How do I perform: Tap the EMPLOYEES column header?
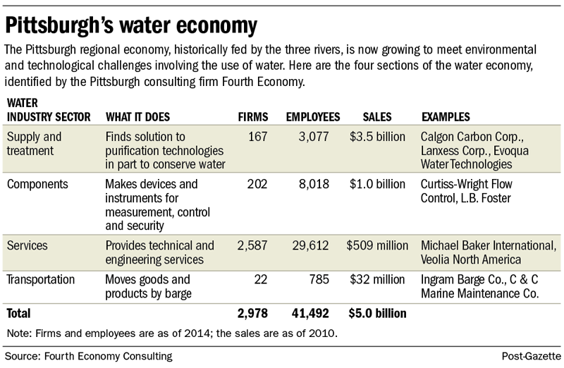(x=312, y=116)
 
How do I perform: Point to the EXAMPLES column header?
(x=446, y=116)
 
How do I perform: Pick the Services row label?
(x=27, y=245)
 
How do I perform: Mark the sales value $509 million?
(x=377, y=245)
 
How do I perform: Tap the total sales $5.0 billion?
(x=377, y=312)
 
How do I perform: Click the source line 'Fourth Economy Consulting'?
(x=88, y=357)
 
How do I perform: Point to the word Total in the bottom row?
(x=20, y=312)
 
